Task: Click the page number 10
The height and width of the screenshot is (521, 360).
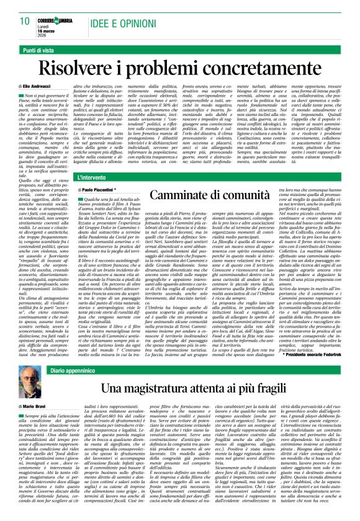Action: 24,20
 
